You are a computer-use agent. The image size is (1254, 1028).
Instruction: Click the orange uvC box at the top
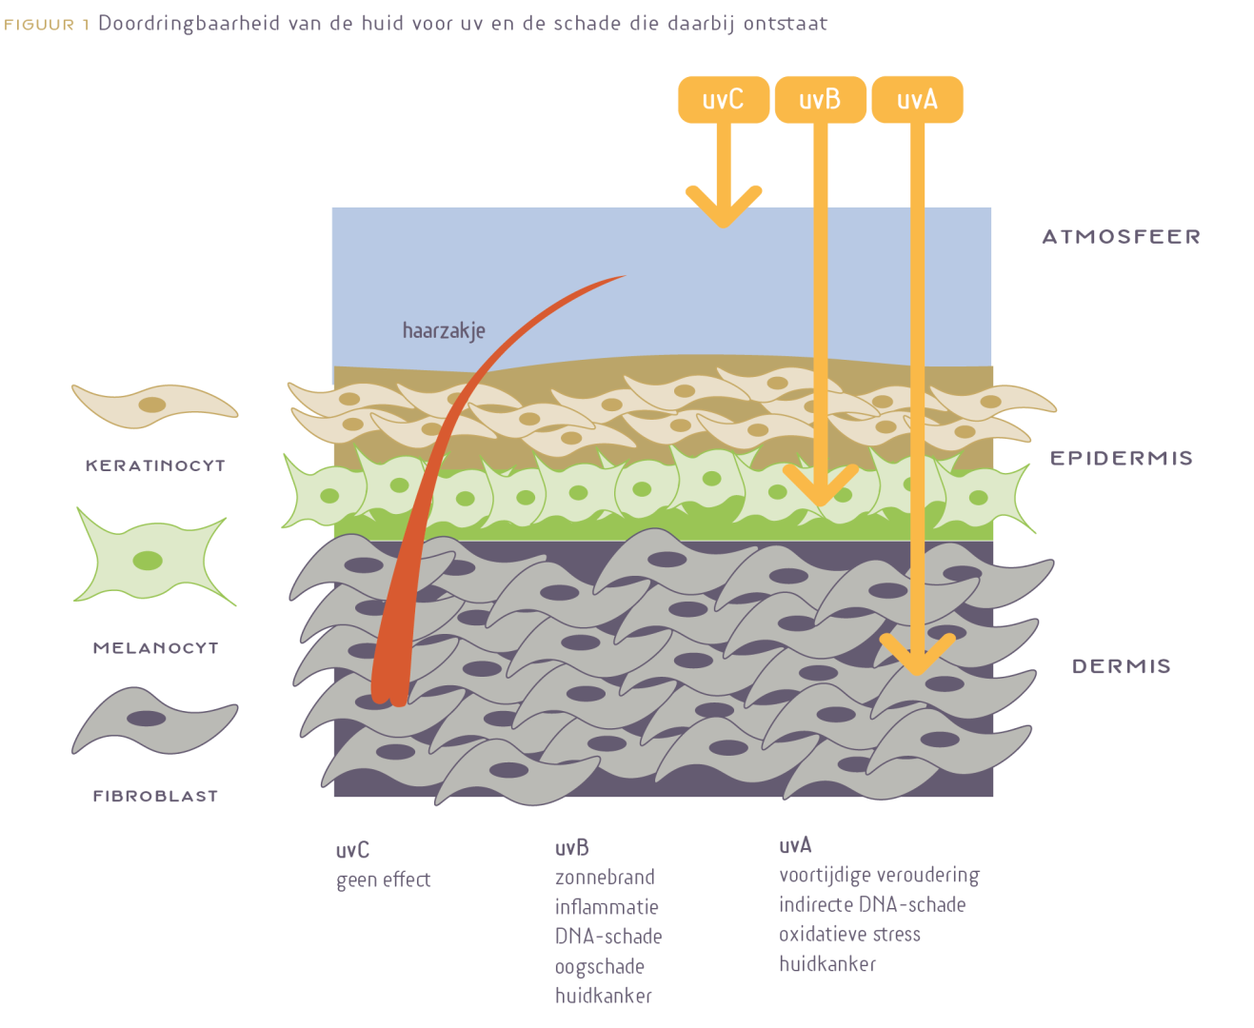coord(723,100)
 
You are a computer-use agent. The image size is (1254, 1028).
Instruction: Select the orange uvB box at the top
coord(820,100)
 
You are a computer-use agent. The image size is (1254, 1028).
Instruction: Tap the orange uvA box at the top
coord(917,100)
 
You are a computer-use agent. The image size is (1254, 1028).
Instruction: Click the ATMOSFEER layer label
coord(1121,236)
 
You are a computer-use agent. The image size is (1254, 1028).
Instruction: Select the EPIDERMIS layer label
coord(1121,458)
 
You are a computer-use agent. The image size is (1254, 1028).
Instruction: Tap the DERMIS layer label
coord(1121,666)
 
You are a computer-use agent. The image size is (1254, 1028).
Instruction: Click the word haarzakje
coord(444,331)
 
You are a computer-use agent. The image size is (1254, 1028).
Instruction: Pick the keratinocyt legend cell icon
coord(154,405)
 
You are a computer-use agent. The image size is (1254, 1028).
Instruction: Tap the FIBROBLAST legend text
coord(155,796)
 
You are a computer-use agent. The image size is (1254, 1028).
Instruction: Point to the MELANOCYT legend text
coord(155,648)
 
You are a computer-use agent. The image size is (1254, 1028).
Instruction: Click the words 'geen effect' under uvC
coord(384,880)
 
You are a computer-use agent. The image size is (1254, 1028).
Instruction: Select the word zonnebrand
coord(605,877)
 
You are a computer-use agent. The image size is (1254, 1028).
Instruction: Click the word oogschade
coord(600,966)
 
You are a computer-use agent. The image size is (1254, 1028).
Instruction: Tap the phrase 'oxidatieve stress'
coord(849,934)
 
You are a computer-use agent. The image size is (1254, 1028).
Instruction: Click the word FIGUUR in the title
coord(39,25)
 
